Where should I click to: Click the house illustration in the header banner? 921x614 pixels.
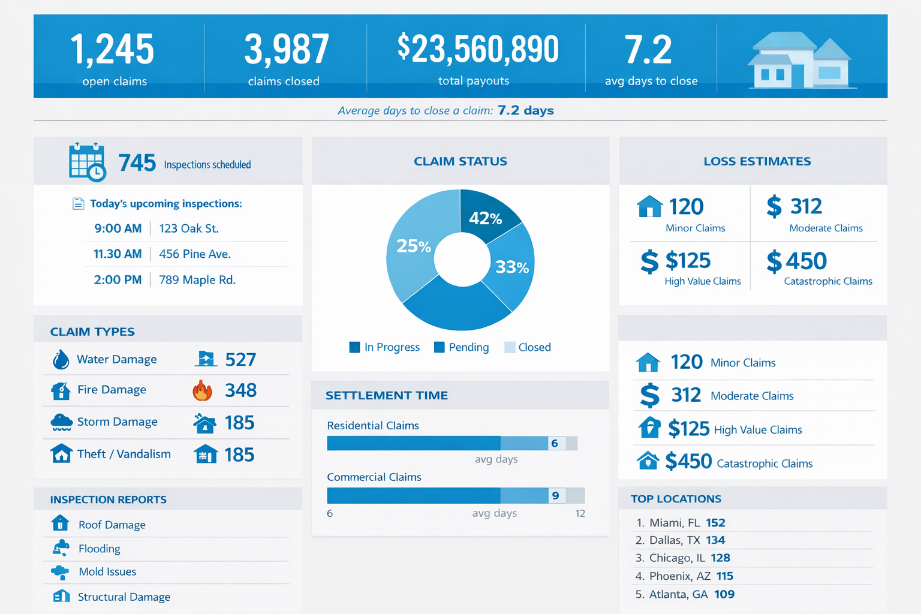(x=800, y=61)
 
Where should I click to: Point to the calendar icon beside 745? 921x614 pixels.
(x=88, y=162)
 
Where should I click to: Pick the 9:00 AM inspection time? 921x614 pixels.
(x=118, y=228)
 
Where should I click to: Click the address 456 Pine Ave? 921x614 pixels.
(x=195, y=254)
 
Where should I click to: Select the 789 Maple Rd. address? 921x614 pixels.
(x=197, y=280)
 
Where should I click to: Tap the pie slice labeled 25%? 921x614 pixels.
(x=413, y=246)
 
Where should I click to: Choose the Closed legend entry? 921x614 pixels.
(x=528, y=347)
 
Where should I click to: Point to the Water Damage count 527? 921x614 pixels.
(x=240, y=360)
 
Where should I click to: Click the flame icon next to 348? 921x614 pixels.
(x=203, y=390)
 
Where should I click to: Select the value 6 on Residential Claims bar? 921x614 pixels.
(x=555, y=443)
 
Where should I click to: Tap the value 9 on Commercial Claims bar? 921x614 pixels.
(x=556, y=495)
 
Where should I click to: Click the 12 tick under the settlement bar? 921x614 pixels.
(x=580, y=513)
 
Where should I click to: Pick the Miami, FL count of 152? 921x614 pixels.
(x=715, y=523)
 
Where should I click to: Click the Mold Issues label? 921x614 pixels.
(x=107, y=572)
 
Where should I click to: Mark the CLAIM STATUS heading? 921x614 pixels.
(x=460, y=161)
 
